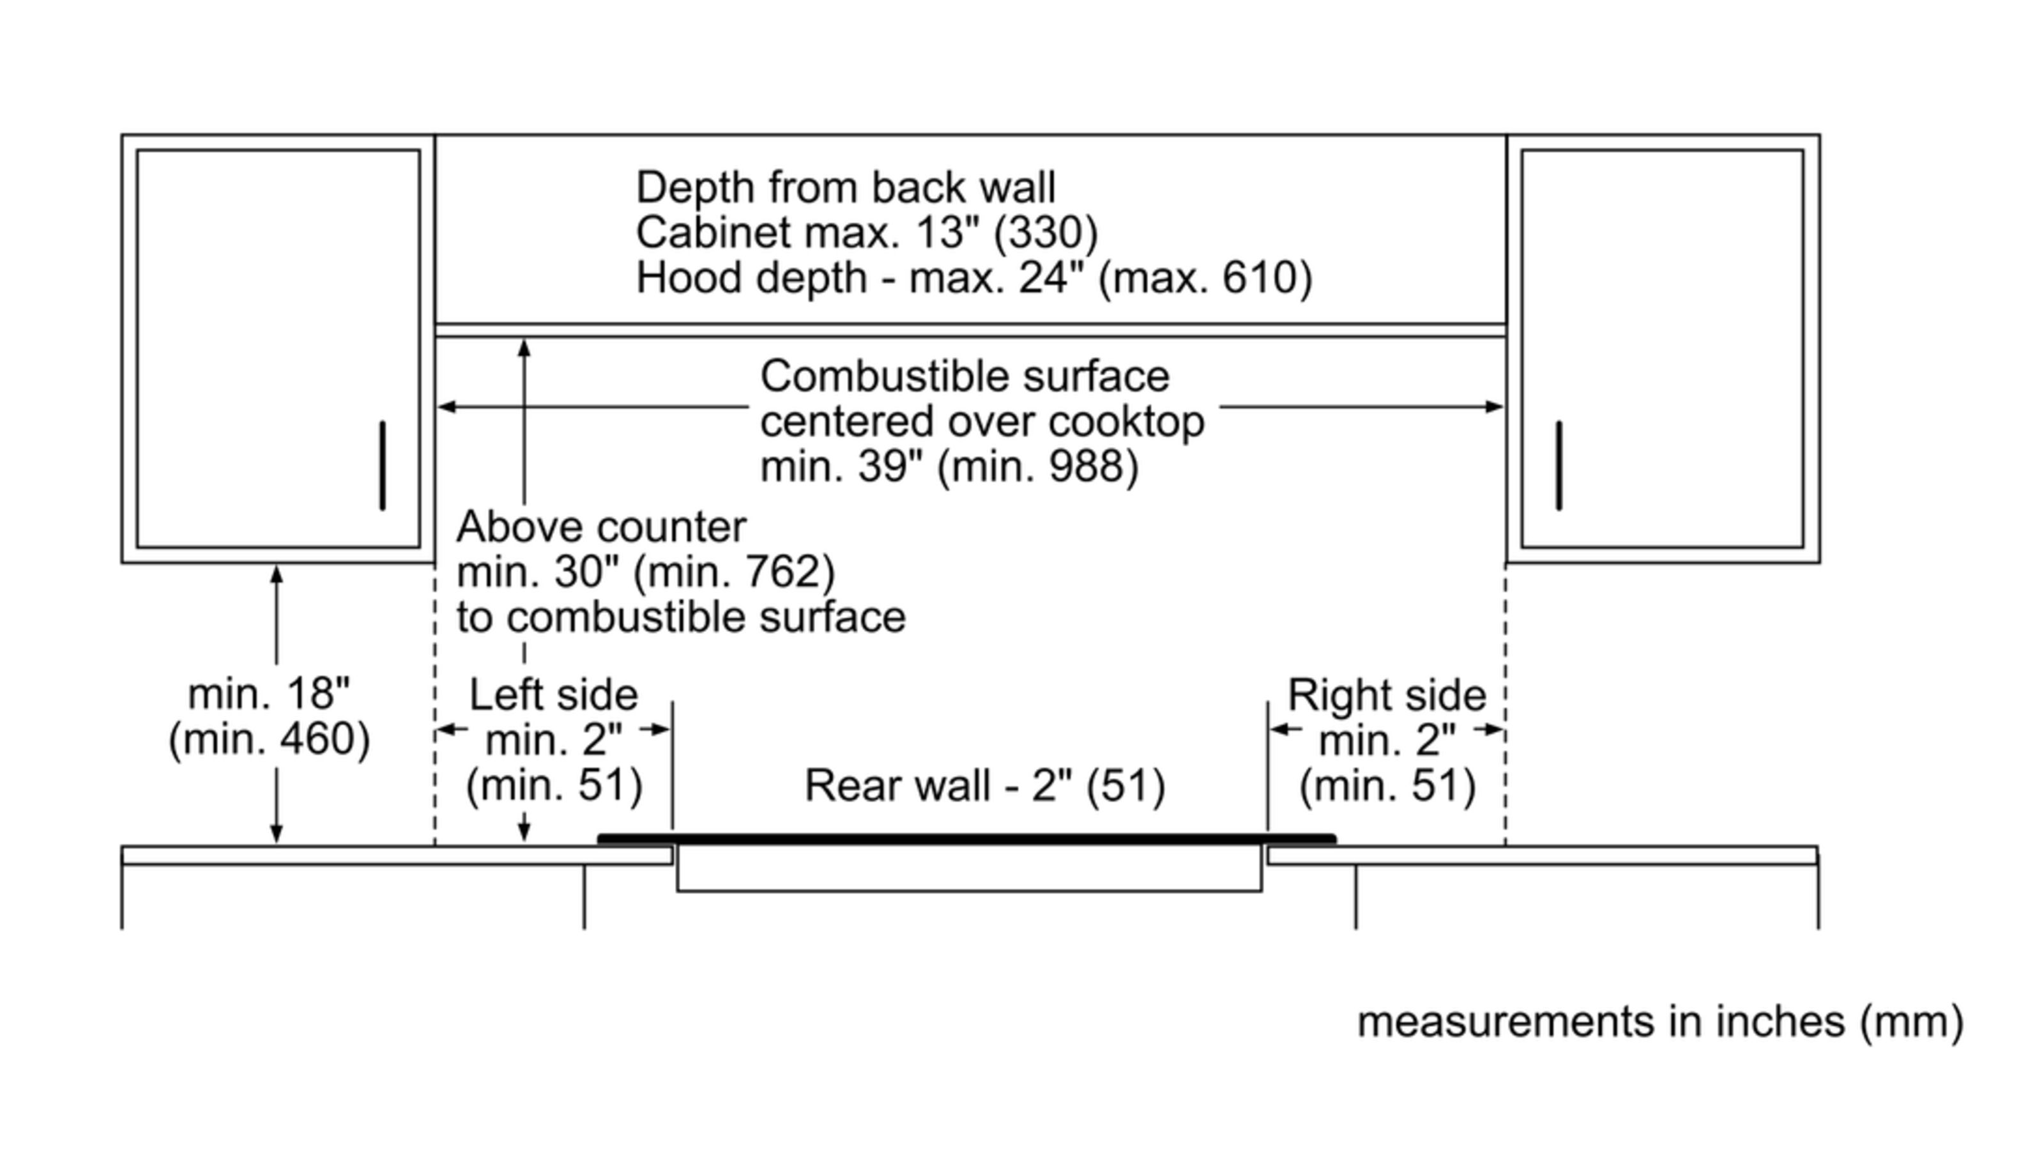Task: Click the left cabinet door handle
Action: click(x=383, y=466)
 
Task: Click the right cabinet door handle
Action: click(x=1559, y=466)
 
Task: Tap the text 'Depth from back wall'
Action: click(x=845, y=188)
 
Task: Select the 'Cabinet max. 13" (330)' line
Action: click(x=867, y=233)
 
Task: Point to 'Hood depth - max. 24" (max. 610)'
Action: click(x=973, y=279)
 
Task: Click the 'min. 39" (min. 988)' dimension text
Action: click(x=949, y=466)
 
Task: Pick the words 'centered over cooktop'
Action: click(x=982, y=422)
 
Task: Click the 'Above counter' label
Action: click(x=600, y=527)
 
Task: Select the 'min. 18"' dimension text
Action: click(x=268, y=694)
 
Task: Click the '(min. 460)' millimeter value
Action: click(x=269, y=739)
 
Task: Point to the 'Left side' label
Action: click(x=553, y=695)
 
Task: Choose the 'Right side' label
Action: click(x=1386, y=695)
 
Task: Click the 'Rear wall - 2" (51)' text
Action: click(x=985, y=786)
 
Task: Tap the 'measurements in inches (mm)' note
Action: click(x=1660, y=1022)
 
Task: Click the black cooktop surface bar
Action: click(x=966, y=839)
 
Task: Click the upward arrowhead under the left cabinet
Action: click(x=276, y=573)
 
